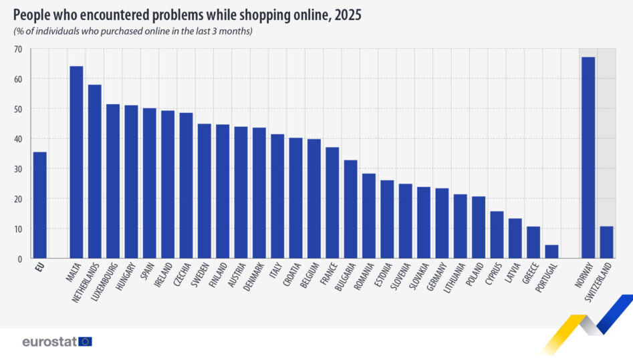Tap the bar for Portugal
point(551,251)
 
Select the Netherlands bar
point(95,172)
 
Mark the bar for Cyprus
point(497,234)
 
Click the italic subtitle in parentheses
point(133,31)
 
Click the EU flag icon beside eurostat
point(85,341)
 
